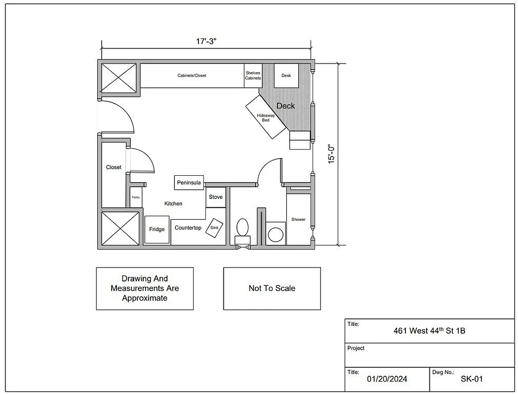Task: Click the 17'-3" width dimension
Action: coord(206,41)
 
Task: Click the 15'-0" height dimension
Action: coord(332,154)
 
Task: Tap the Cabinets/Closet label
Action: coord(192,76)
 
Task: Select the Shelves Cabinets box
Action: coord(253,76)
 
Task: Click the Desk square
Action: coord(286,76)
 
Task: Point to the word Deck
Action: coord(285,106)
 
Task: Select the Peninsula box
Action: coord(189,183)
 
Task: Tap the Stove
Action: coord(215,197)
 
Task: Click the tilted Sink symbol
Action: coord(214,228)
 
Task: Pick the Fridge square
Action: coord(157,230)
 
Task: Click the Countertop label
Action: coord(188,228)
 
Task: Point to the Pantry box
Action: coord(136,197)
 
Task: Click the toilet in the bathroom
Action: coord(242,228)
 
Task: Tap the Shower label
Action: coord(298,219)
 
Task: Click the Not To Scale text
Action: coord(272,288)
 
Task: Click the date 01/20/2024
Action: coord(387,379)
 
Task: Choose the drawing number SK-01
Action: coord(472,379)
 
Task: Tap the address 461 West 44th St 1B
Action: coord(429,331)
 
